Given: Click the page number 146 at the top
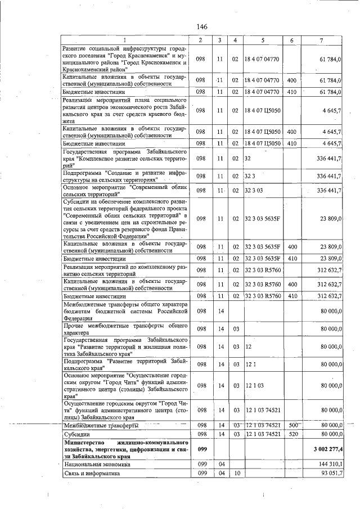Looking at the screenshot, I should click(202, 27).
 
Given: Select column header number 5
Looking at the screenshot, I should click(262, 40).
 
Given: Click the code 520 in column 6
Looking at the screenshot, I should click(291, 435).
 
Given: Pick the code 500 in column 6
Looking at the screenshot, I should click(291, 426).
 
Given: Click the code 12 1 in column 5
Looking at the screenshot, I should click(251, 364).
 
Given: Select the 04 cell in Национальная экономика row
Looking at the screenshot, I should click(221, 465).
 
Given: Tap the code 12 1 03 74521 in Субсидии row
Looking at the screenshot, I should click(262, 435).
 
